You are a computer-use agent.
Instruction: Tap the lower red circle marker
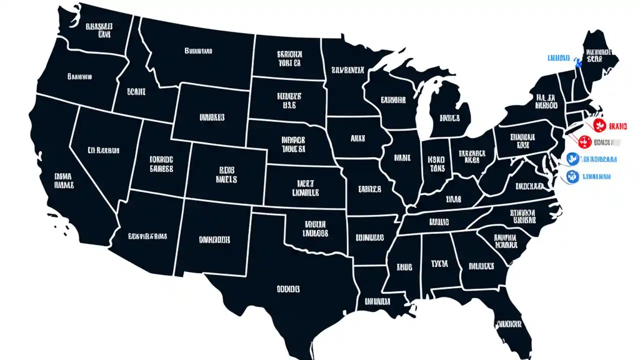tap(584, 142)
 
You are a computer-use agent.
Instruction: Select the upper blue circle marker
tap(573, 159)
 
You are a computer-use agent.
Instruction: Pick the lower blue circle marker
tap(573, 176)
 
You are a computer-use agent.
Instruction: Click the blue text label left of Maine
tap(558, 58)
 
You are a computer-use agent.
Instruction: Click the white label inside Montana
tap(198, 50)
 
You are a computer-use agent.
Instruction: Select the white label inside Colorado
tap(226, 174)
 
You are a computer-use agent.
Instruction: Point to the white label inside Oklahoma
tap(315, 228)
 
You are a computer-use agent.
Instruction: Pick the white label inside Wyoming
tap(212, 117)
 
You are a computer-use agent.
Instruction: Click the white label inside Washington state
tap(98, 29)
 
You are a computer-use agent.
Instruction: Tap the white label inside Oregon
tap(79, 77)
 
